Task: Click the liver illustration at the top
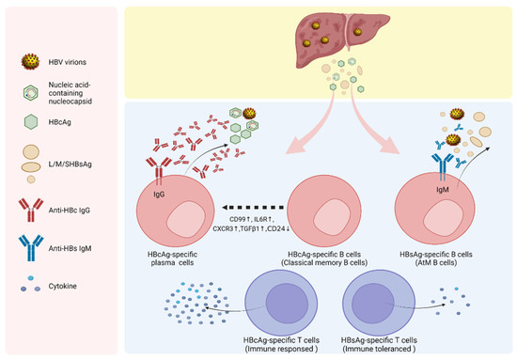[321, 39]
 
